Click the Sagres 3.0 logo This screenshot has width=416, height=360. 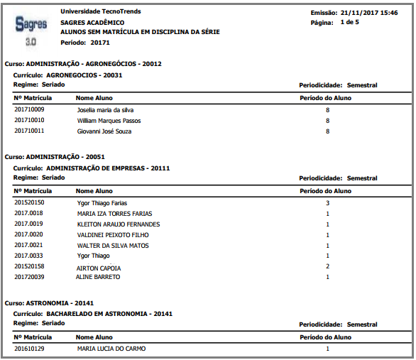click(x=31, y=31)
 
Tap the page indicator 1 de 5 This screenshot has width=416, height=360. click(x=349, y=23)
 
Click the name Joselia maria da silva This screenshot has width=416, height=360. click(x=105, y=110)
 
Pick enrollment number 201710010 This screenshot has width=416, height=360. click(x=29, y=121)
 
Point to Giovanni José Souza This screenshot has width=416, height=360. click(x=104, y=131)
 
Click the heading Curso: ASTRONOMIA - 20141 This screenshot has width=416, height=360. click(x=49, y=302)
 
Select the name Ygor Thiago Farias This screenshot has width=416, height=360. click(x=102, y=203)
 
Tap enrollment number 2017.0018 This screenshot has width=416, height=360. click(x=28, y=214)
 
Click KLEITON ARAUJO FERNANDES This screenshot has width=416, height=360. click(x=119, y=224)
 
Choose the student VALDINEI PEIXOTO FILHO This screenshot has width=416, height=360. click(x=114, y=235)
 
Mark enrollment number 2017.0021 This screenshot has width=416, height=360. click(x=28, y=246)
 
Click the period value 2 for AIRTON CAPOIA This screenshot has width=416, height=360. click(x=327, y=267)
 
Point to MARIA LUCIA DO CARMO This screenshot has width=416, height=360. click(x=112, y=349)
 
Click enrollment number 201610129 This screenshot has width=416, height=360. click(x=29, y=349)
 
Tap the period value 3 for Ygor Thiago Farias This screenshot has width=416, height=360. click(x=327, y=203)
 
